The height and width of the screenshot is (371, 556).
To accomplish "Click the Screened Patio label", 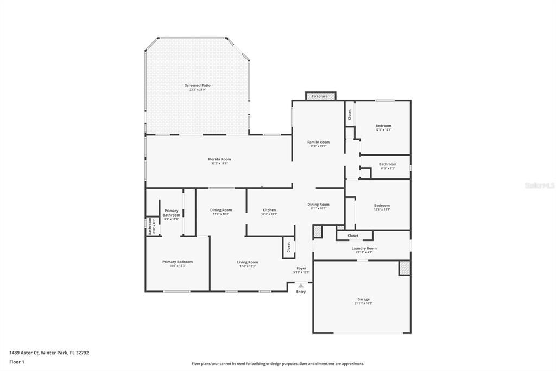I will pos(198,86).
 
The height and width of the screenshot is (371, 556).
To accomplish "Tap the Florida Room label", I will pos(219,160).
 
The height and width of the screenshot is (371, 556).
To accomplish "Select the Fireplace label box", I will pos(320,96).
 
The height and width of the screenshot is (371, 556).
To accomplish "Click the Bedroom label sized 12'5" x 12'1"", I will pos(383,126).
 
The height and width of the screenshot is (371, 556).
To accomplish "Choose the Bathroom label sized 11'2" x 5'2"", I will pos(387,165).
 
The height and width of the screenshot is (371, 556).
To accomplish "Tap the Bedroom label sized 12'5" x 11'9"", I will pos(382,206).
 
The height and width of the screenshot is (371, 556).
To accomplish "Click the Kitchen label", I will pos(269,211).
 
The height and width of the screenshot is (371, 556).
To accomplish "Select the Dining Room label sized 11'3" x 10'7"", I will pos(221,211).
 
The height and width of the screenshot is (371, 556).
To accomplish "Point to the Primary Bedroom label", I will pos(178,262).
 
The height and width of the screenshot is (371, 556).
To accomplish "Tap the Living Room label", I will pos(247,263).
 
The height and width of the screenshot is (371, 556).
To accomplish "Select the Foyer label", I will pos(301,269).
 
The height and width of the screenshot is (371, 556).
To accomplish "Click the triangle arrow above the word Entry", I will pos(301,285).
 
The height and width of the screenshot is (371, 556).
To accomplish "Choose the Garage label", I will pos(363,300).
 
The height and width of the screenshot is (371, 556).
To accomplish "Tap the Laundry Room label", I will pos(364,249).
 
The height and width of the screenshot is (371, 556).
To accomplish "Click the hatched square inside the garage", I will pos(405,268).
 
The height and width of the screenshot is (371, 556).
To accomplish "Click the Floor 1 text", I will pos(17,362).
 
